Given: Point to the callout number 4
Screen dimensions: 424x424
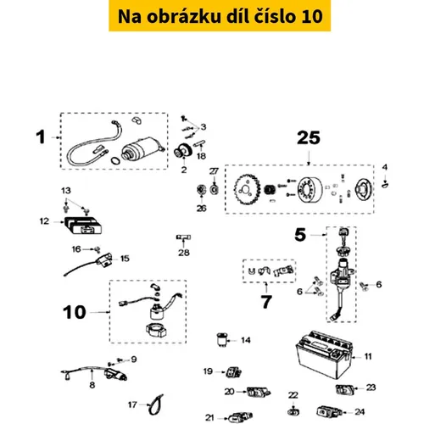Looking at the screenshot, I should (x=383, y=165).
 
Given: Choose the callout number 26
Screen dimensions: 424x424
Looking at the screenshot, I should (x=201, y=209).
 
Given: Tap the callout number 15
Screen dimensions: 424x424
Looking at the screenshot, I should (x=125, y=258).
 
